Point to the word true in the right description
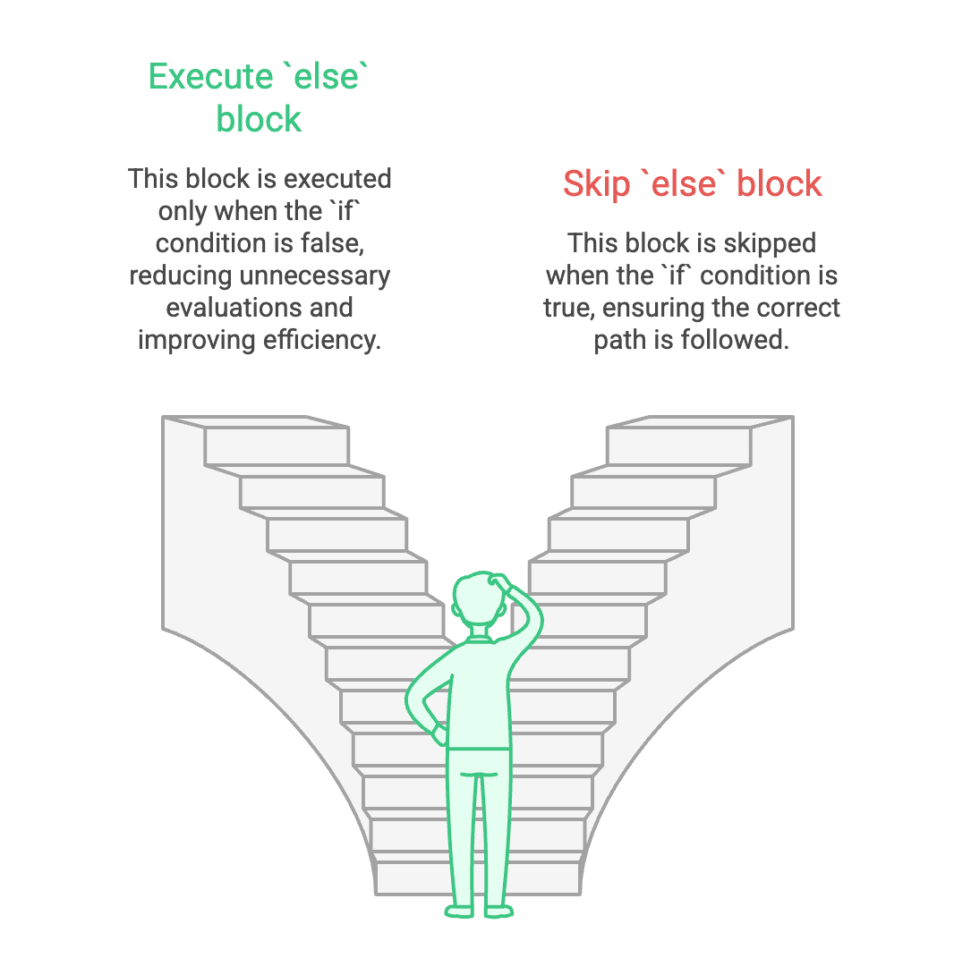(x=568, y=308)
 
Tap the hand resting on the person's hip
(x=439, y=733)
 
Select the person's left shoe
(x=459, y=911)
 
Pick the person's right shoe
(x=498, y=911)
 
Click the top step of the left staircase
(x=276, y=445)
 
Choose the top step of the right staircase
(x=679, y=445)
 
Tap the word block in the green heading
(x=260, y=119)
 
